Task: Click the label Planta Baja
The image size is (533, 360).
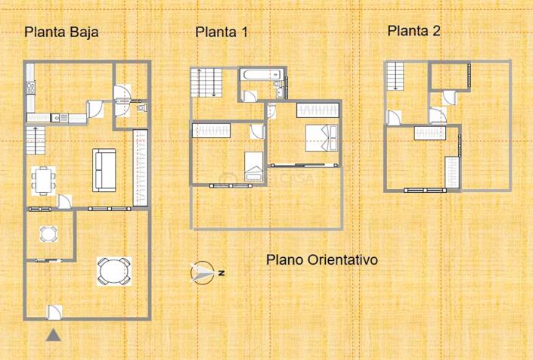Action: (x=61, y=32)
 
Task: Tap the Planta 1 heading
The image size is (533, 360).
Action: (x=222, y=32)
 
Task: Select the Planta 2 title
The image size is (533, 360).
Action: (x=414, y=31)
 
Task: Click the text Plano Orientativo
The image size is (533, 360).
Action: (x=322, y=259)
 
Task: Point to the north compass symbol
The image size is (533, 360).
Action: (x=203, y=273)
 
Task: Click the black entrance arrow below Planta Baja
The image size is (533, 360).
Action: (x=53, y=336)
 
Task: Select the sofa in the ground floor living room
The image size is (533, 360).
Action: (x=104, y=170)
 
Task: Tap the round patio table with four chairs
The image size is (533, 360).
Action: (x=113, y=270)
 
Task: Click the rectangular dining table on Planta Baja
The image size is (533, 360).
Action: (x=44, y=180)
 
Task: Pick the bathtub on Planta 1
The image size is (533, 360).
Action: (x=261, y=75)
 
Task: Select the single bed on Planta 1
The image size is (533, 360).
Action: (x=254, y=164)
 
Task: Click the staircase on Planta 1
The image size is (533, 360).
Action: (x=209, y=81)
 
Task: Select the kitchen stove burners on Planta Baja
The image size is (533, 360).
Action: (x=31, y=88)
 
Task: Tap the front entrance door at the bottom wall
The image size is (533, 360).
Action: (x=54, y=311)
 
